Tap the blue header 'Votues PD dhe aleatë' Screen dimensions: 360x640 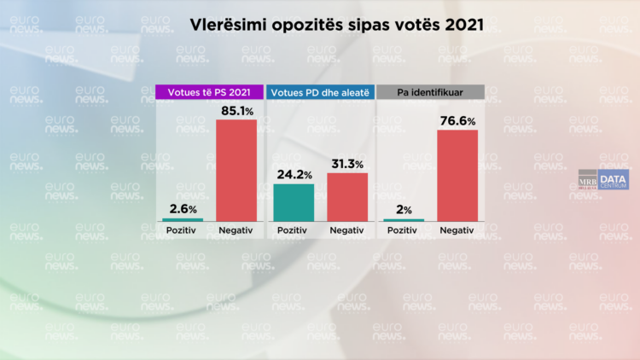coord(320,91)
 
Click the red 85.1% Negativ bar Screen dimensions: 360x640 coord(236,170)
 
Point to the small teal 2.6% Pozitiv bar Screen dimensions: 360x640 coord(183,219)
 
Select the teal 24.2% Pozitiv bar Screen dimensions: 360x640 coord(293,202)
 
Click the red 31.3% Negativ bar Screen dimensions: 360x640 coord(346,197)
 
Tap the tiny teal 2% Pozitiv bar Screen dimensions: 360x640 coord(402,220)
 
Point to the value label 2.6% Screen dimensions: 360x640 coord(183,209)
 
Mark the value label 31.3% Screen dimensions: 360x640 coord(347,164)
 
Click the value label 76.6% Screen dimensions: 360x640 coord(457,120)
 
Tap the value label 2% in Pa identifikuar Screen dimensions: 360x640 coord(402,210)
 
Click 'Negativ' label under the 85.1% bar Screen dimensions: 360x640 coord(236,231)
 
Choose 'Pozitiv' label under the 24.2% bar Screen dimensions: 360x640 coord(293,231)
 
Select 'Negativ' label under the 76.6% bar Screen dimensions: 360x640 coord(457,231)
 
